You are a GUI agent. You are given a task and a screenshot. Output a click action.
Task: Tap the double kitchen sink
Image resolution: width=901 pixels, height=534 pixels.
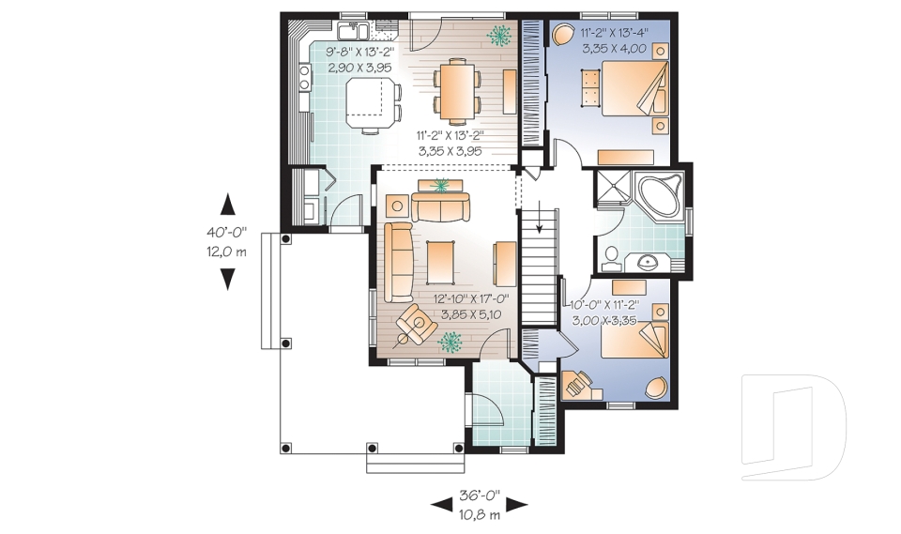pyautogui.click(x=354, y=28)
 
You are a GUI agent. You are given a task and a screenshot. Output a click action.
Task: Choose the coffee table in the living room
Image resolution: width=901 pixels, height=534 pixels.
pyautogui.click(x=440, y=263)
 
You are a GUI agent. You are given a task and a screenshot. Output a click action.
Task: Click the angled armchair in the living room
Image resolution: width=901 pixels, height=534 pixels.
pyautogui.click(x=412, y=325)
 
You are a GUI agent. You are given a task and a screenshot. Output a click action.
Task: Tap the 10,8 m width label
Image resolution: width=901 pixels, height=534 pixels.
pyautogui.click(x=480, y=514)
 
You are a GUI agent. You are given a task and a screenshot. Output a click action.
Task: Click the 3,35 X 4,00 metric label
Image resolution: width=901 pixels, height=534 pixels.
pyautogui.click(x=613, y=47)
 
